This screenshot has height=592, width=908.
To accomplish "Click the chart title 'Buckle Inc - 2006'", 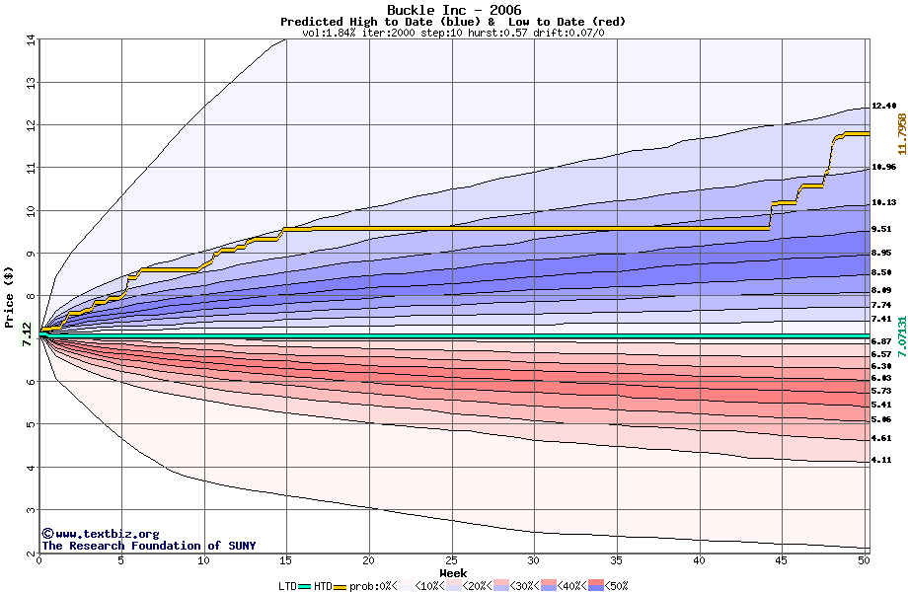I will (x=453, y=10).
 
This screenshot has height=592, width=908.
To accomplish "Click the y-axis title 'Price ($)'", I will (x=10, y=297).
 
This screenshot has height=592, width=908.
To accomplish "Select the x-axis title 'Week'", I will (x=453, y=572).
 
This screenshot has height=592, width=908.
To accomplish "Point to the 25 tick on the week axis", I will (x=451, y=560).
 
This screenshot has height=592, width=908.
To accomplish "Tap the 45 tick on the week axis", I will (x=782, y=560).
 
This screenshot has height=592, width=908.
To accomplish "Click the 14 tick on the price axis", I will (x=30, y=39).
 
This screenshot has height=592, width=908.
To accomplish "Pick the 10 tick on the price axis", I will (x=30, y=211).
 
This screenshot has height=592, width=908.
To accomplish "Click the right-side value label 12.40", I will (x=883, y=106).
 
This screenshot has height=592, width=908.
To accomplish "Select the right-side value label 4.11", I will (x=881, y=461).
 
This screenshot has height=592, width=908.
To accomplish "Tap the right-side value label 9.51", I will (x=881, y=229).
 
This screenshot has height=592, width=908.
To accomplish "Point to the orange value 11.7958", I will (x=901, y=133).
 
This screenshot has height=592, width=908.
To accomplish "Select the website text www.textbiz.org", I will (x=107, y=534).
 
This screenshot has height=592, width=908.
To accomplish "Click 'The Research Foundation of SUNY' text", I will (x=148, y=546).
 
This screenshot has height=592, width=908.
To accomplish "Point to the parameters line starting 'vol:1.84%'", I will (x=453, y=33).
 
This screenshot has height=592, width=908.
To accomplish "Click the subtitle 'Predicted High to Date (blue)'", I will (x=380, y=22).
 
